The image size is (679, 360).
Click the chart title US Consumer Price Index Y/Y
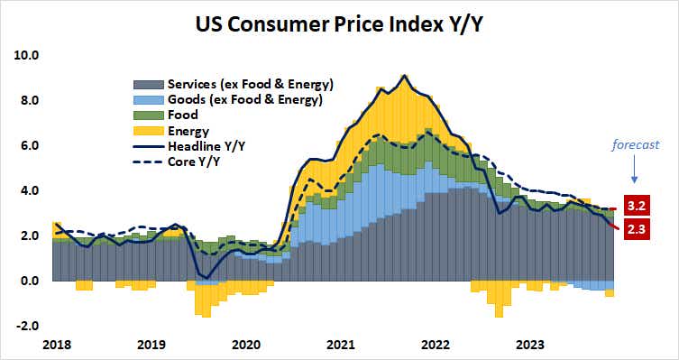pos(339,23)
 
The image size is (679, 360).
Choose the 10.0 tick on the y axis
pos(27,55)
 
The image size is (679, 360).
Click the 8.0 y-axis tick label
pos(27,100)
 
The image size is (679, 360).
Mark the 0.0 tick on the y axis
pos(27,281)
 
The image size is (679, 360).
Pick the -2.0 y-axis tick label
pos(25,326)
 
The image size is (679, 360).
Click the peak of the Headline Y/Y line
pos(405,76)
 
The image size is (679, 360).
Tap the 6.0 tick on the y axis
pos(27,145)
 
